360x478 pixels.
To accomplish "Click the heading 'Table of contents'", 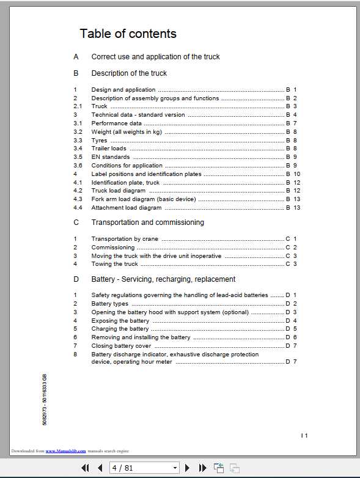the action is pyautogui.click(x=128, y=34).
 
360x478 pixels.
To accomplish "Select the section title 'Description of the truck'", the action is pyautogui.click(x=129, y=73).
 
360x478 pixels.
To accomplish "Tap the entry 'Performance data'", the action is pyautogui.click(x=116, y=123).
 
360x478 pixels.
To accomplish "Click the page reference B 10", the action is pyautogui.click(x=293, y=174).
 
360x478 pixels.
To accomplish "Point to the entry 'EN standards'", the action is pyautogui.click(x=110, y=157).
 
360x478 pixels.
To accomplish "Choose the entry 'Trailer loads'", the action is pyautogui.click(x=109, y=149).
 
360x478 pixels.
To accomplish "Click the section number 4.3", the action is pyautogui.click(x=78, y=199).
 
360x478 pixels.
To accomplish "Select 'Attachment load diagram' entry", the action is pyautogui.click(x=127, y=208).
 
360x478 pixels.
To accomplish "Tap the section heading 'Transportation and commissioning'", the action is pyautogui.click(x=148, y=222).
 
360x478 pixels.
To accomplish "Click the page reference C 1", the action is pyautogui.click(x=291, y=239).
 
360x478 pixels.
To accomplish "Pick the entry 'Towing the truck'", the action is pyautogui.click(x=115, y=264).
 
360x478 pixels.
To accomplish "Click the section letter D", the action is pyautogui.click(x=76, y=279).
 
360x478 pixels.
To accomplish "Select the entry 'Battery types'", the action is pyautogui.click(x=110, y=304).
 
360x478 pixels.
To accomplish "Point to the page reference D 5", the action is pyautogui.click(x=291, y=329).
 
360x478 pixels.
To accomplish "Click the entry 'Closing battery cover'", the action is pyautogui.click(x=121, y=346).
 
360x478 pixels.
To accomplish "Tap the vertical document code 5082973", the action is pyautogui.click(x=45, y=400).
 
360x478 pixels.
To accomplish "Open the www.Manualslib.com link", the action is pyautogui.click(x=65, y=451).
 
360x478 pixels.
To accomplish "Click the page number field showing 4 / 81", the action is pyautogui.click(x=144, y=468).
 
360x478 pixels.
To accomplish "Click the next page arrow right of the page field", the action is pyautogui.click(x=188, y=468).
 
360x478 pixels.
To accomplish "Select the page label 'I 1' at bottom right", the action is pyautogui.click(x=304, y=435).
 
